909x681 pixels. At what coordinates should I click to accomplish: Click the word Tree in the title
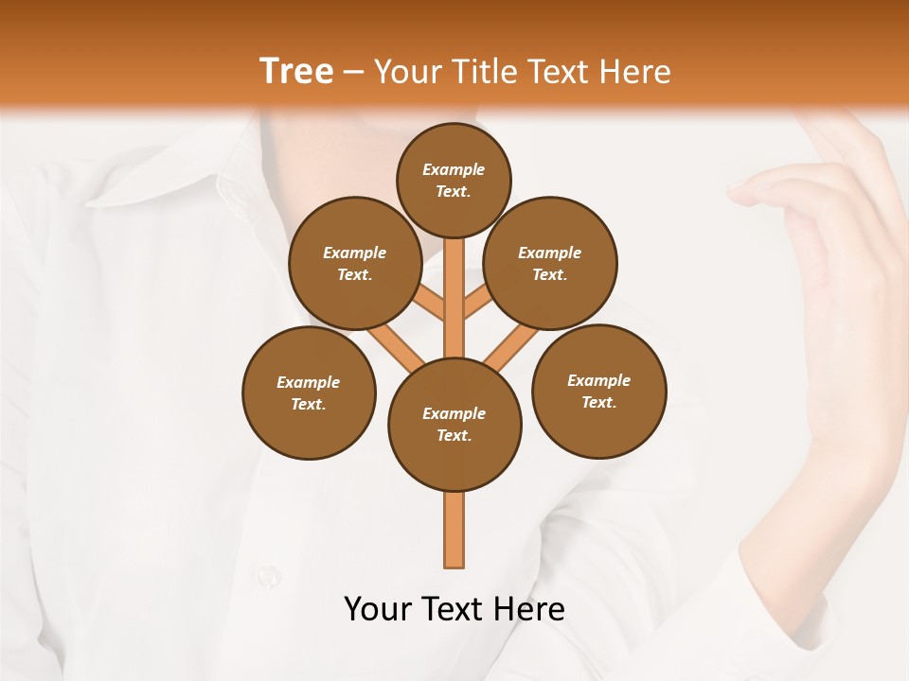tap(296, 71)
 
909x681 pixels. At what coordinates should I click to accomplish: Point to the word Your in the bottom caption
tap(378, 609)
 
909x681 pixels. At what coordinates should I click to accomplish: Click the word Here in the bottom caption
tap(529, 609)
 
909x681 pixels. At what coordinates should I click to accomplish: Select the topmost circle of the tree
tap(454, 180)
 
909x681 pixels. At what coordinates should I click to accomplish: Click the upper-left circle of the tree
tap(354, 263)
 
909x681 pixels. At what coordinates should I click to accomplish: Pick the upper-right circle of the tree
tap(550, 263)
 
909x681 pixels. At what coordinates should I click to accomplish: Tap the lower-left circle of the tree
tap(309, 393)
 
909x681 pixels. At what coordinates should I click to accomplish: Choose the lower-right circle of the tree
tap(598, 391)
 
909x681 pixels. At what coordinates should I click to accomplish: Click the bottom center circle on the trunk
tap(454, 424)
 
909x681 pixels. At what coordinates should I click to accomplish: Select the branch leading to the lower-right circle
tap(511, 347)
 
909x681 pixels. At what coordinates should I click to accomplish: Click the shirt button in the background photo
tap(268, 574)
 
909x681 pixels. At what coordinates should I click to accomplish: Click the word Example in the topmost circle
tap(454, 169)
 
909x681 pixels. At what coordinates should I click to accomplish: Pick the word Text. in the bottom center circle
tap(454, 435)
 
